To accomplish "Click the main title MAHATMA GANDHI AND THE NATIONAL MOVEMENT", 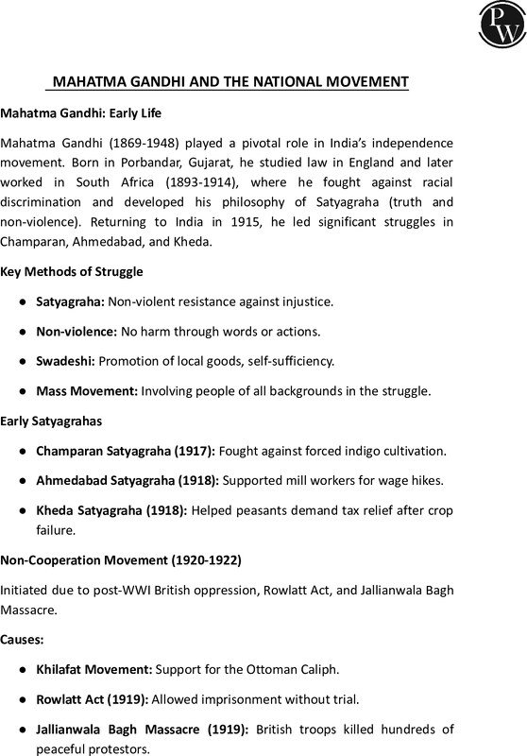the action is coord(229,82).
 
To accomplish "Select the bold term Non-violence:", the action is coord(76,331).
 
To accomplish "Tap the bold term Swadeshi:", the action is coord(65,361).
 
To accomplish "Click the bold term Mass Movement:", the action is coord(87,390).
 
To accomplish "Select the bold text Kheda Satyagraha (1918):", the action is coord(110,510).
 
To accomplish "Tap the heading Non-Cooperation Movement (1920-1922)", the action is coord(121,560).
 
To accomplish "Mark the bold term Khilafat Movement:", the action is coord(93,669).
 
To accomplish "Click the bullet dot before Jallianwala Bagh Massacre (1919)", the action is coord(22,730).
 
